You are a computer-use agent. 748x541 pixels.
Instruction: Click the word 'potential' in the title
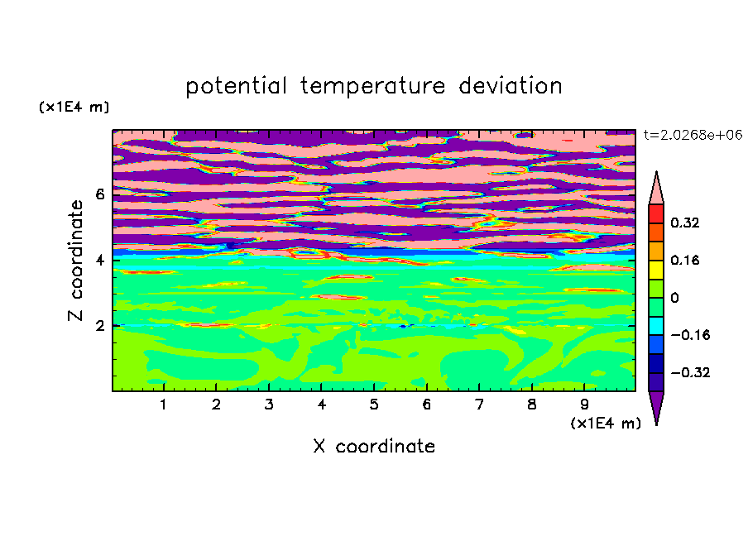coord(236,86)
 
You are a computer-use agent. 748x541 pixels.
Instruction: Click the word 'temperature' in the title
coord(373,86)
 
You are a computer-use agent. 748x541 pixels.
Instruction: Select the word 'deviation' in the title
coord(510,86)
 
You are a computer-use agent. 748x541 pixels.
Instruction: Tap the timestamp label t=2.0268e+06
coord(693,135)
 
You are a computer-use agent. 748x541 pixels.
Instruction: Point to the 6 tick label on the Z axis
coord(100,194)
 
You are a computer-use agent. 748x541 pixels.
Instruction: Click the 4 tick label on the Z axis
coord(100,261)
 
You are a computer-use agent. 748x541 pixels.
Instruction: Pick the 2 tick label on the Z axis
coord(100,326)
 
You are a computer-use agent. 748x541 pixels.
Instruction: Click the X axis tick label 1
coord(164,405)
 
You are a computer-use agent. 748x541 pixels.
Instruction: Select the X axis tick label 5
coord(374,405)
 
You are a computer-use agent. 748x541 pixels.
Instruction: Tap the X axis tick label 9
coord(584,405)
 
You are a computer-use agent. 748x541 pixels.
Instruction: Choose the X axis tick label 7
coord(479,405)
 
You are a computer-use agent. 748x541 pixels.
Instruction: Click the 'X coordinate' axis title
coord(374,446)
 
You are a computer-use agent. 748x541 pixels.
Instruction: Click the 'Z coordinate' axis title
coord(75,261)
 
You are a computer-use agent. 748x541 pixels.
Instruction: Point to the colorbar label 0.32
coord(684,223)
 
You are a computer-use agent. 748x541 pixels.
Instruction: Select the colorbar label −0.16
coord(690,335)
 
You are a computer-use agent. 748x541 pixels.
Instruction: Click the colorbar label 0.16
coord(684,260)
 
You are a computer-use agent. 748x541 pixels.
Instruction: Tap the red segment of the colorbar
coord(656,213)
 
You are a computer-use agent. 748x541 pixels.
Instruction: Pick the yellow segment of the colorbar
coord(656,270)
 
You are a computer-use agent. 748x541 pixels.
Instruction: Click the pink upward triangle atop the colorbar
coord(656,189)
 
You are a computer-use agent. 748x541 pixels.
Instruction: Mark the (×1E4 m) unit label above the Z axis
coord(74,107)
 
